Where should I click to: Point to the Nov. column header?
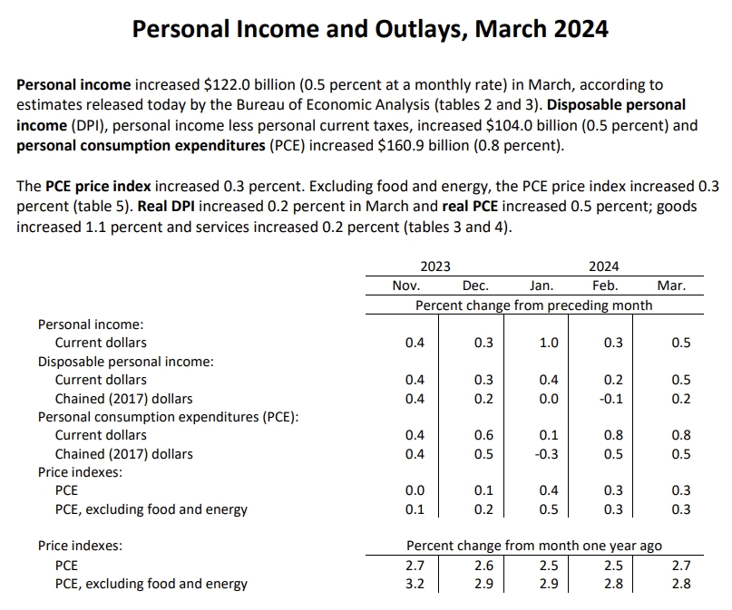coord(405,286)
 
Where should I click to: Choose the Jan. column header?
coord(542,286)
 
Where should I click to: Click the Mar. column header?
coord(671,286)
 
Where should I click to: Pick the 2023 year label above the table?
coord(436,266)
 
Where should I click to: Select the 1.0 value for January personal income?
coord(549,343)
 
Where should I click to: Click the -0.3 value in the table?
coord(547,454)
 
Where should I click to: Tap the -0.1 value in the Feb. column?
coord(612,399)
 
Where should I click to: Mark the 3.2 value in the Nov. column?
coord(414,584)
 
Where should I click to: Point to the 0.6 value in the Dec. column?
coord(483,435)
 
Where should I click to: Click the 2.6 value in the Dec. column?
coord(483,566)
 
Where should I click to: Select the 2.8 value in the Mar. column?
coord(681,584)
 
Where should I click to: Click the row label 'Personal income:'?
coord(91,324)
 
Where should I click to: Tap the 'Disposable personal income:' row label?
coord(125,361)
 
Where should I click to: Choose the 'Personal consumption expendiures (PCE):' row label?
coord(168,417)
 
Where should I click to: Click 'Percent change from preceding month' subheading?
coord(533,305)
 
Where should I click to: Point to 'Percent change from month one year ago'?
coord(533,546)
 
